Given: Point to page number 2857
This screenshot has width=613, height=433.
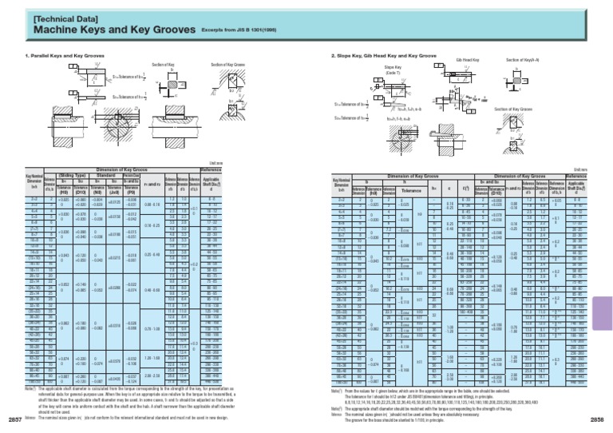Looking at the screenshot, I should pyautogui.click(x=14, y=418).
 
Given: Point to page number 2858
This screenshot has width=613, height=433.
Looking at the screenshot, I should pyautogui.click(x=598, y=418).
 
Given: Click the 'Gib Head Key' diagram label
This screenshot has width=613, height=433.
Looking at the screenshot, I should pyautogui.click(x=468, y=60).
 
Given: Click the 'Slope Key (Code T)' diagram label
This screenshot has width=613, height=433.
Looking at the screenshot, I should pyautogui.click(x=392, y=70).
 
